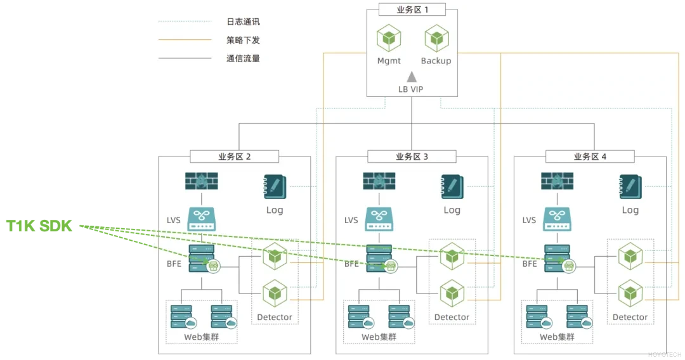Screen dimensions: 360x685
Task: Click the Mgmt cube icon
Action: tap(388, 39)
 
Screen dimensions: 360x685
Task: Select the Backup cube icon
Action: tap(436, 39)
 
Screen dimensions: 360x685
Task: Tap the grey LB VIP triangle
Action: tap(411, 77)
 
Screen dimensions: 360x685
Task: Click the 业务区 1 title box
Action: tap(412, 10)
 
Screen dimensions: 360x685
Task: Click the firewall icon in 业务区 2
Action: tap(202, 182)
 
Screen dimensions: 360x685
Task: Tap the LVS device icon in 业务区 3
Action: tap(379, 220)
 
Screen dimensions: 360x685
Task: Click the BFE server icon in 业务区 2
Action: tap(201, 259)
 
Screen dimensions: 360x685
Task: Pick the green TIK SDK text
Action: tap(41, 226)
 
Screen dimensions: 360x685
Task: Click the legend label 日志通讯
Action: tap(243, 22)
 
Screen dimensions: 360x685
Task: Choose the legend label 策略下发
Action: tap(243, 40)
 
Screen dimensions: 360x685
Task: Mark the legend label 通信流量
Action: tap(243, 58)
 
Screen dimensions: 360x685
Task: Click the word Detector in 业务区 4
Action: tap(630, 317)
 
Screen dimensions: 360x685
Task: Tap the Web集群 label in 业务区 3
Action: tap(379, 337)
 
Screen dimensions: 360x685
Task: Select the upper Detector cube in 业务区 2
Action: tap(275, 257)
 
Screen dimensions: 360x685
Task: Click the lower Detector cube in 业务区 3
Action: tap(452, 293)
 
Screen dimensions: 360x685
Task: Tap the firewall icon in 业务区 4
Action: tap(557, 182)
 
